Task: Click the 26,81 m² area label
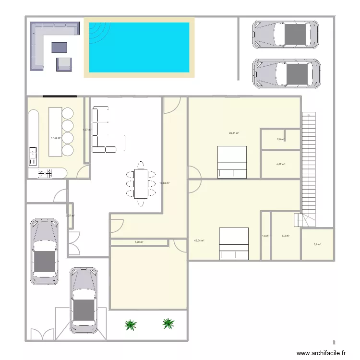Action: [x=234, y=133]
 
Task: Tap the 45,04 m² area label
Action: [x=199, y=241]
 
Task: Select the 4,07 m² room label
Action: [x=281, y=165]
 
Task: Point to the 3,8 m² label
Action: [x=317, y=244]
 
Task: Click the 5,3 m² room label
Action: [x=286, y=236]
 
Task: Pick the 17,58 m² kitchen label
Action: [x=56, y=138]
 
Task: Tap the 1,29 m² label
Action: [x=139, y=242]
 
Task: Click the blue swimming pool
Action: [x=139, y=47]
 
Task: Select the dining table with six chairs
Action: [x=141, y=183]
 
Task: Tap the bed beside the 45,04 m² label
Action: [x=234, y=243]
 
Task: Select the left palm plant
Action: [x=130, y=325]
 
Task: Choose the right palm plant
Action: [x=168, y=324]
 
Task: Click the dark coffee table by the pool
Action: [x=60, y=47]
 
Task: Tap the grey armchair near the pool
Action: [x=64, y=63]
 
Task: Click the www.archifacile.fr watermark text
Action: [x=321, y=353]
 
